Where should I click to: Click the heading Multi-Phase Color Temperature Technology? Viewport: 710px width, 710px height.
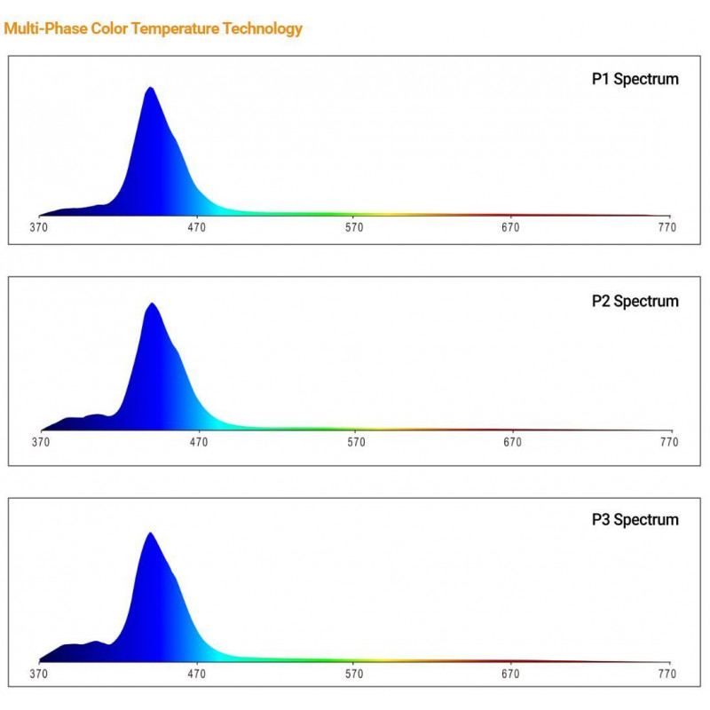tap(154, 28)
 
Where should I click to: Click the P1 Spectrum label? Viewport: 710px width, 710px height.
tap(635, 80)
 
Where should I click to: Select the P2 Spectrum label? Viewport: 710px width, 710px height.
tap(635, 301)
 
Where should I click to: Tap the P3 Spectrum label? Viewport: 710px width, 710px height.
tap(635, 519)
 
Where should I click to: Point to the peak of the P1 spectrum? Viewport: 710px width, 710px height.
tap(151, 88)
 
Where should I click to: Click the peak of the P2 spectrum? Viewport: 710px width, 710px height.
tap(153, 304)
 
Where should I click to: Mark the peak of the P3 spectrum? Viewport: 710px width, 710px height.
tap(150, 533)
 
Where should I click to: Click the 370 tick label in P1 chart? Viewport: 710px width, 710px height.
tap(39, 228)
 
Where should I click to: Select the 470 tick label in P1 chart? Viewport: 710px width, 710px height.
tap(196, 228)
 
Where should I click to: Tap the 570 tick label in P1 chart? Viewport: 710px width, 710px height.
tap(354, 228)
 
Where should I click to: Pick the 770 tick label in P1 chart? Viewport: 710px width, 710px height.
tap(667, 228)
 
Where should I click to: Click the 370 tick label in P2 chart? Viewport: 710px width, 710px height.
tap(41, 441)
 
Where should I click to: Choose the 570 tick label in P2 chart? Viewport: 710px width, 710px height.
tap(356, 441)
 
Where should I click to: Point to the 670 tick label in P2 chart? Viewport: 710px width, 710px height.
tap(512, 441)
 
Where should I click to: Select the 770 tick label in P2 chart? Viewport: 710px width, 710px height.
tap(668, 441)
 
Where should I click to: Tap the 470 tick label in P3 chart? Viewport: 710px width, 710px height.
tap(196, 674)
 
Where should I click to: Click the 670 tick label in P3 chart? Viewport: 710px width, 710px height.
tap(510, 674)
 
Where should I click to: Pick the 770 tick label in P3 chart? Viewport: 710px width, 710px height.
tap(667, 674)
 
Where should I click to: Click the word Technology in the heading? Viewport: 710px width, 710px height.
tap(263, 28)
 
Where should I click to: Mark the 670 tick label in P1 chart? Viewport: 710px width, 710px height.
tap(510, 228)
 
